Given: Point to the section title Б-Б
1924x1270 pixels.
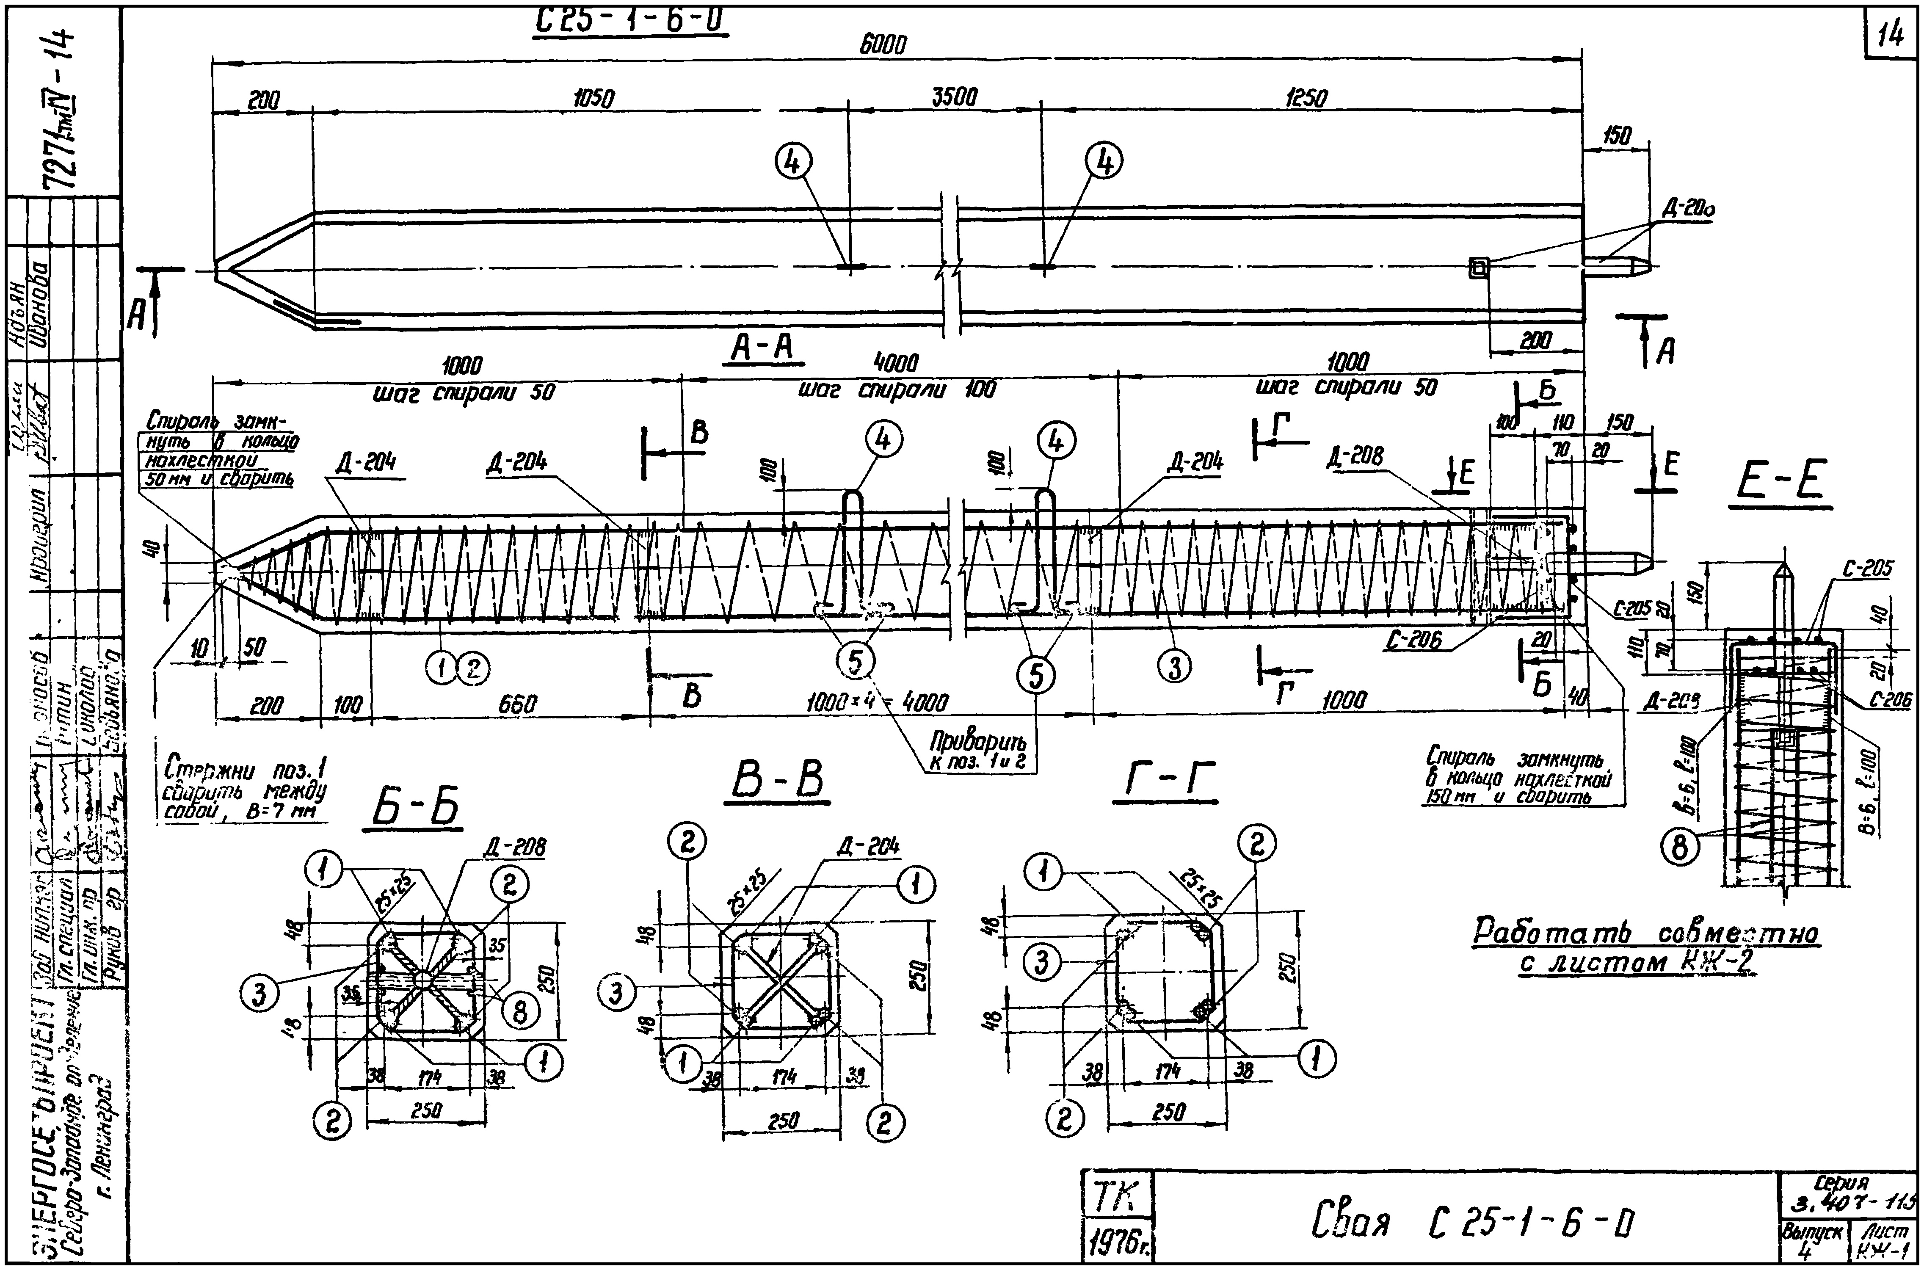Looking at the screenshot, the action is pyautogui.click(x=415, y=808).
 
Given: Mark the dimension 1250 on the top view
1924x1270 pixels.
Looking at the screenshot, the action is pyautogui.click(x=1306, y=99).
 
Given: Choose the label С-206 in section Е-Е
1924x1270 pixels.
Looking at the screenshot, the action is pyautogui.click(x=1891, y=699).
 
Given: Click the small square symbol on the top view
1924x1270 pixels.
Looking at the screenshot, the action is pyautogui.click(x=1479, y=267).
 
